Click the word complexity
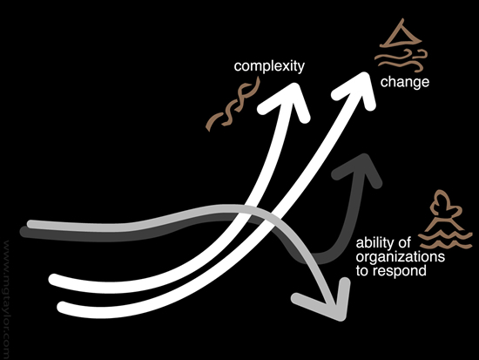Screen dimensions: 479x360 pos(269,66)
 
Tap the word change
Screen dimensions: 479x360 pos(405,82)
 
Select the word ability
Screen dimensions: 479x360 pos(374,243)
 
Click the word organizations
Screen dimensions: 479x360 pos(401,256)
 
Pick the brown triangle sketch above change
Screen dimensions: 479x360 pos(401,34)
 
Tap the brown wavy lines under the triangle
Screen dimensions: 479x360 pos(401,59)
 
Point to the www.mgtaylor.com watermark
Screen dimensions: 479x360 pos(6,300)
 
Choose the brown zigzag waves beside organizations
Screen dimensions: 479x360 pos(445,239)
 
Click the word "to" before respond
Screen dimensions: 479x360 pos(362,271)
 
